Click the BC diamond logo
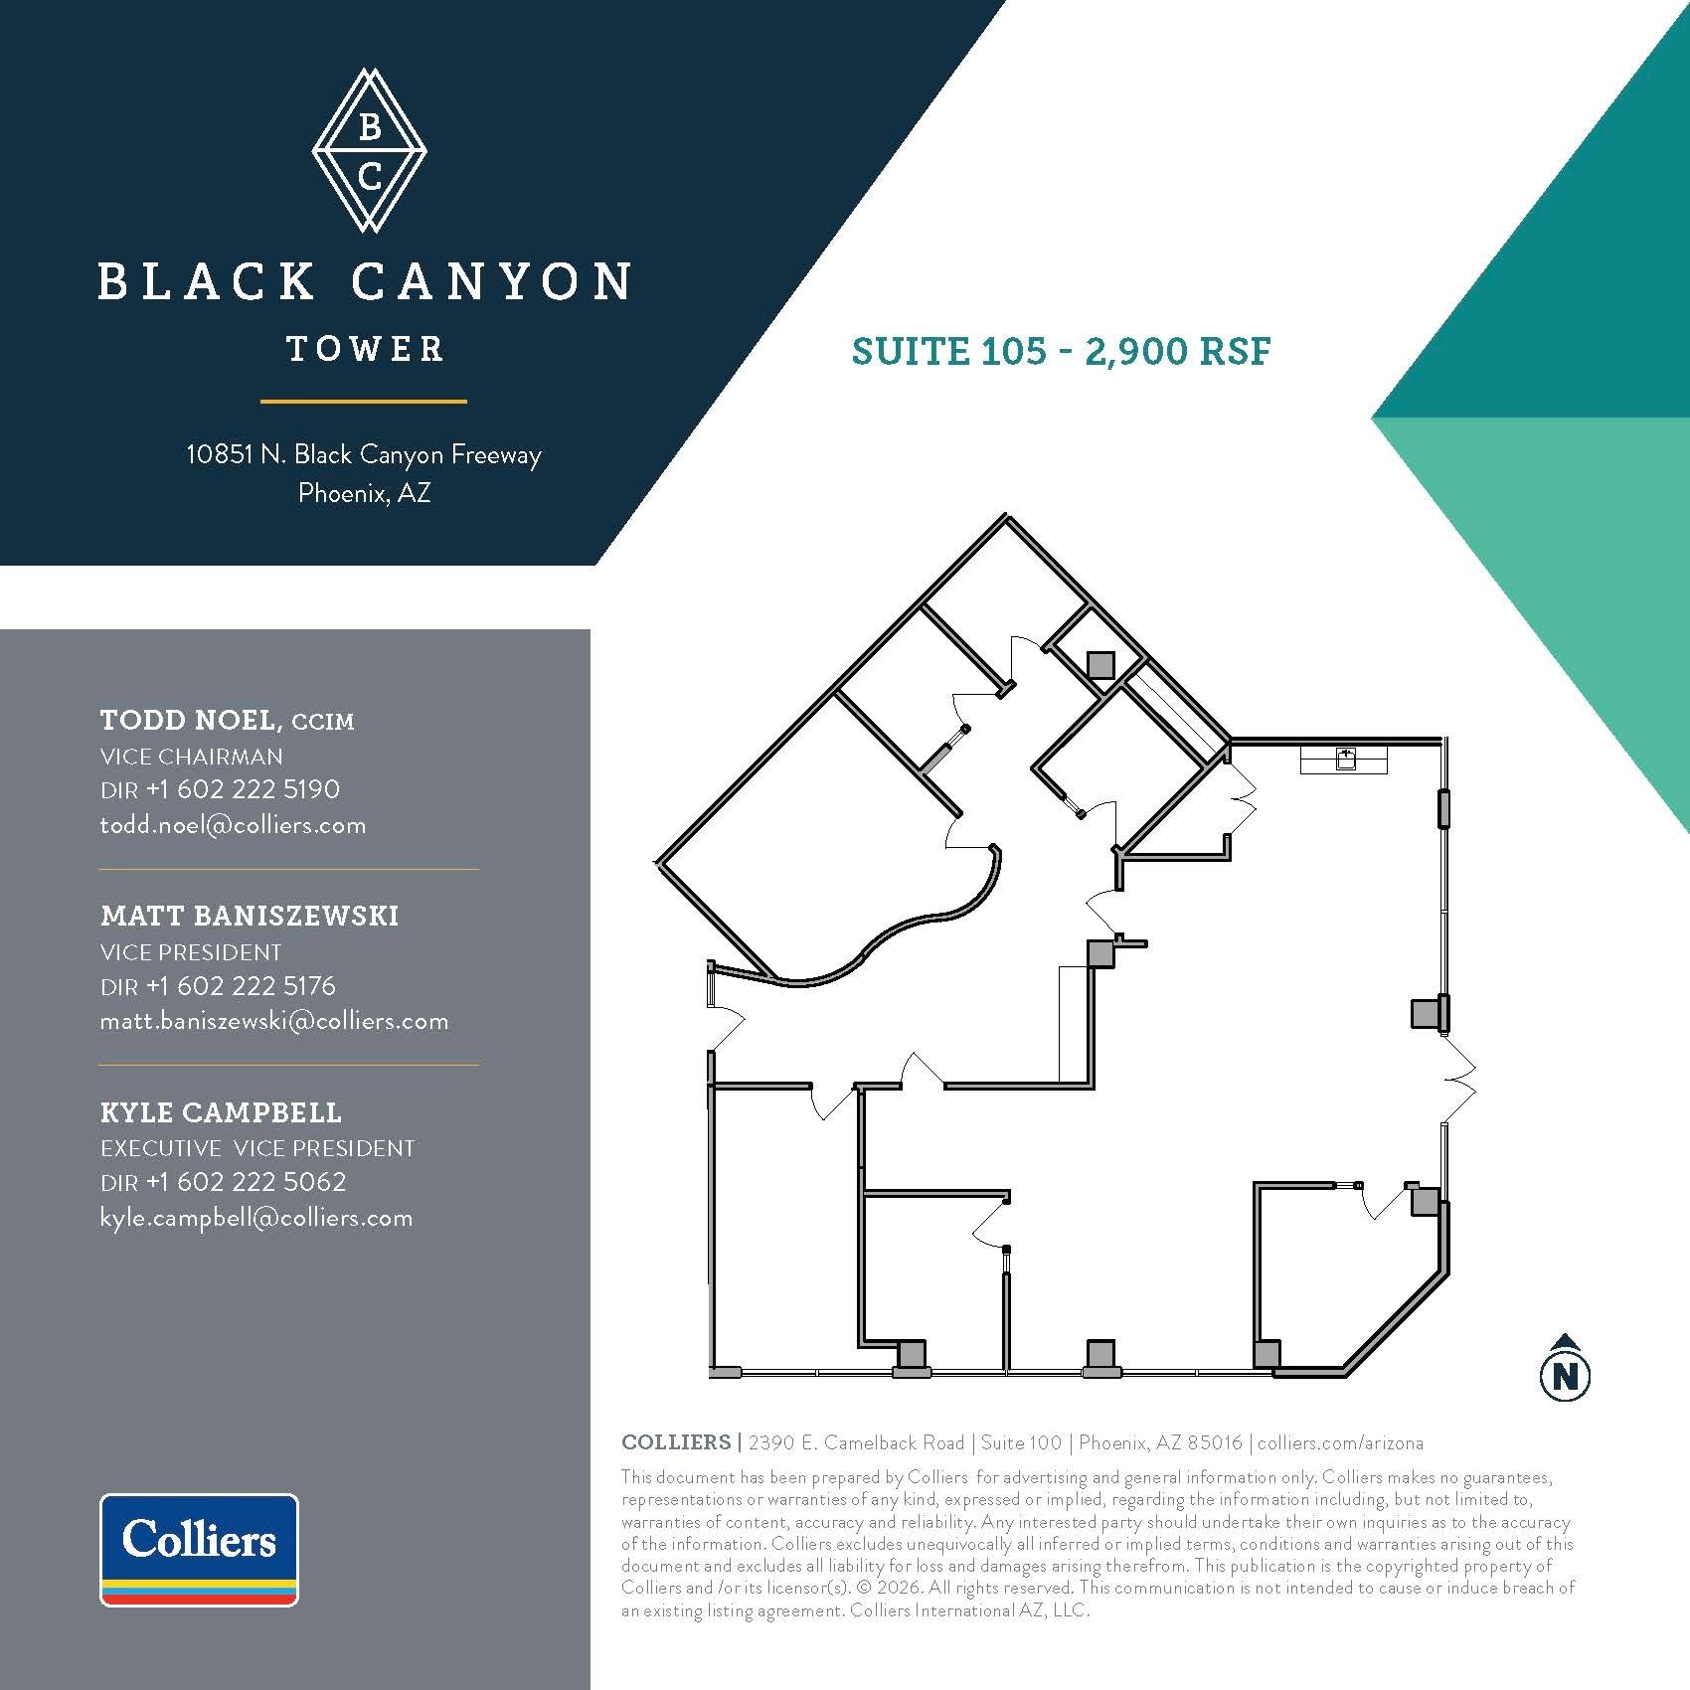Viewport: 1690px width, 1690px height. point(369,151)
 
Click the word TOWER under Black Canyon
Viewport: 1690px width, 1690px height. point(365,349)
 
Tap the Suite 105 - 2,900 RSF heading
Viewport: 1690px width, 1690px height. point(1061,351)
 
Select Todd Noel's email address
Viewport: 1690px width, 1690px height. point(233,825)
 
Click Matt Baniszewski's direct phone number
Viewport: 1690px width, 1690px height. point(241,985)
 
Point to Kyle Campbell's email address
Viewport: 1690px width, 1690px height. point(255,1218)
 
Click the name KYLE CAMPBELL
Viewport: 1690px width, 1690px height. point(221,1112)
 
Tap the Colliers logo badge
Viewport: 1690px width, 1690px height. point(199,1549)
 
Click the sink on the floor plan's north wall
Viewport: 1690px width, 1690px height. point(1345,760)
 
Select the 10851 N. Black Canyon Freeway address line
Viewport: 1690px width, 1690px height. point(364,454)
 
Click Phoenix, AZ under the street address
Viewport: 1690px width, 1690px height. point(364,493)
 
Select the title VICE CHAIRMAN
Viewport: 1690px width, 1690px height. point(191,757)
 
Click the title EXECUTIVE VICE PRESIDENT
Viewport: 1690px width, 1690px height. point(256,1148)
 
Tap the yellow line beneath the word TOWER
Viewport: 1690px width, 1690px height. point(364,402)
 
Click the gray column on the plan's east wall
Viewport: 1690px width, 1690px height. point(1428,1013)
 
